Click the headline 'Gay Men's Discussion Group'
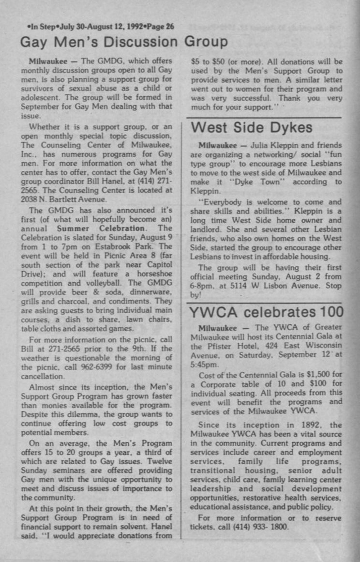(x=124, y=43)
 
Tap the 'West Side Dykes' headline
(x=252, y=128)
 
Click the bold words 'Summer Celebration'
(x=99, y=228)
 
